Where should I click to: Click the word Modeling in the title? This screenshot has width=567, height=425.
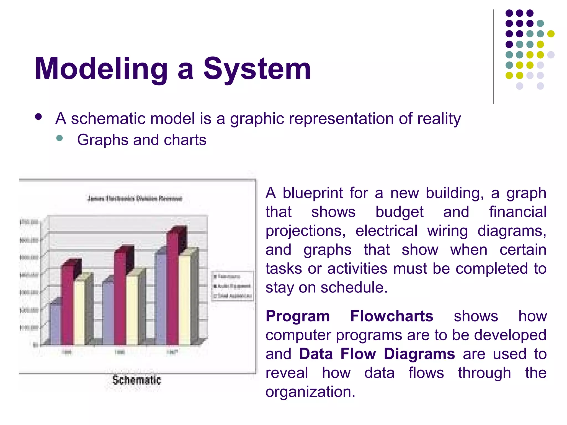(101, 69)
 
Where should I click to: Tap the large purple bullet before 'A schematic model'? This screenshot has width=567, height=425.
(38, 117)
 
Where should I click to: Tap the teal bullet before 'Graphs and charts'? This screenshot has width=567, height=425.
(59, 138)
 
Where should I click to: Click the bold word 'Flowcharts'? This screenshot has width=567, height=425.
(391, 316)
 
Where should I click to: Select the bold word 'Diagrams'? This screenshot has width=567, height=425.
(419, 354)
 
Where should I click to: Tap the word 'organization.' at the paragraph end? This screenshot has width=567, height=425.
(310, 392)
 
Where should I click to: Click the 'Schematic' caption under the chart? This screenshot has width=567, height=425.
(136, 380)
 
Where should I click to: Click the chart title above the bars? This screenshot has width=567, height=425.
(135, 198)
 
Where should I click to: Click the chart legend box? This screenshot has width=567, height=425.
(233, 286)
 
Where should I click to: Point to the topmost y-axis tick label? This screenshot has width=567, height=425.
(29, 222)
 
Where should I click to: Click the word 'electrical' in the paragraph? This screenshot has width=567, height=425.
(386, 231)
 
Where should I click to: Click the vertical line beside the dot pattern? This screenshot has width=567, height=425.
(494, 57)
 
